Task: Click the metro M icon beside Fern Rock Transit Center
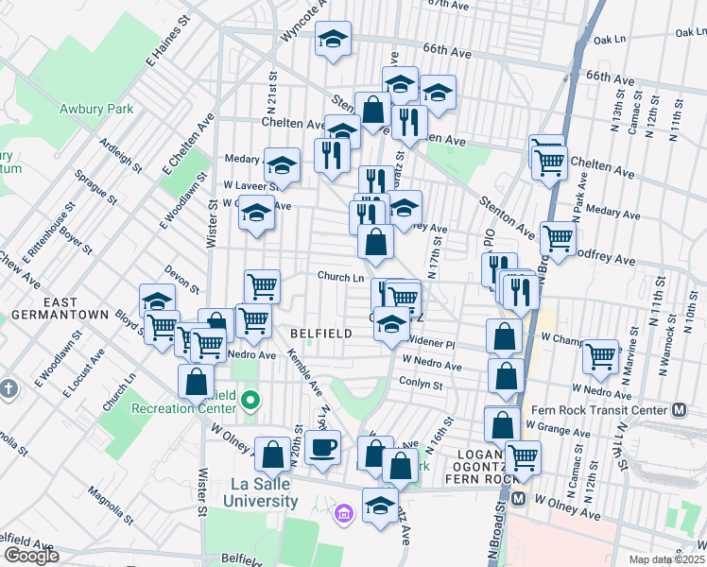click(679, 410)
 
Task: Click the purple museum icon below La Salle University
click(343, 514)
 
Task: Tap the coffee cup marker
click(322, 447)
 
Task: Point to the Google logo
click(31, 556)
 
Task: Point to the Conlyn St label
click(421, 385)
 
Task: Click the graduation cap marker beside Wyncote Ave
click(333, 39)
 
